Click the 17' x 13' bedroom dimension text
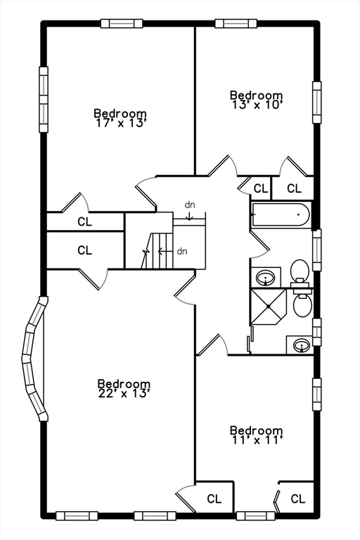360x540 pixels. [x=120, y=123]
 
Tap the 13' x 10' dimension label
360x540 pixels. [x=257, y=105]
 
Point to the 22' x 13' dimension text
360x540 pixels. [x=124, y=394]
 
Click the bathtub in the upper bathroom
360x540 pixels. [x=281, y=214]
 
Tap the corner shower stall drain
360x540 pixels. [x=269, y=306]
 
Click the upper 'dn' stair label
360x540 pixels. [x=190, y=205]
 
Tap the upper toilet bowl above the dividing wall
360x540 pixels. [x=300, y=270]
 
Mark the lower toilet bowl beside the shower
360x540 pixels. [x=303, y=304]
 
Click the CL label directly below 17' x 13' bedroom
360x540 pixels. [x=84, y=221]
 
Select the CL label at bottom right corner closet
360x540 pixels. [x=297, y=499]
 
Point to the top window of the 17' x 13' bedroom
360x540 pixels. [x=122, y=23]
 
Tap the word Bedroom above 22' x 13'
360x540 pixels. [x=124, y=384]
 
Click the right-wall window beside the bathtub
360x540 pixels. [x=316, y=250]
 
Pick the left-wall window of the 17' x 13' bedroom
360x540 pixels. [x=44, y=98]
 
